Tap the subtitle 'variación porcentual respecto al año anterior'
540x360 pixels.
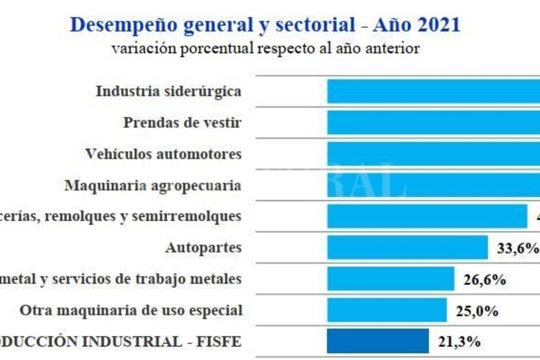(266, 49)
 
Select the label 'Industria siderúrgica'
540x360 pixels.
(168, 91)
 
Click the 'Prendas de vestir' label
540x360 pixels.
(182, 122)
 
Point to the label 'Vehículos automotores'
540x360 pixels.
(163, 153)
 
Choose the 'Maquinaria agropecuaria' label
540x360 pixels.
(153, 185)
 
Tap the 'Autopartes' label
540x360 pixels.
(203, 248)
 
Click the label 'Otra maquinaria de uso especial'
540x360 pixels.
(130, 310)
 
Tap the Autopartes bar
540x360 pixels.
(407, 248)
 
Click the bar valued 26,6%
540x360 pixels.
(390, 279)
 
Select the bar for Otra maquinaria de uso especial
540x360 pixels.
(387, 310)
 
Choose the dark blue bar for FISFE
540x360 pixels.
(378, 341)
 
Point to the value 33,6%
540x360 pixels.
(518, 248)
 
